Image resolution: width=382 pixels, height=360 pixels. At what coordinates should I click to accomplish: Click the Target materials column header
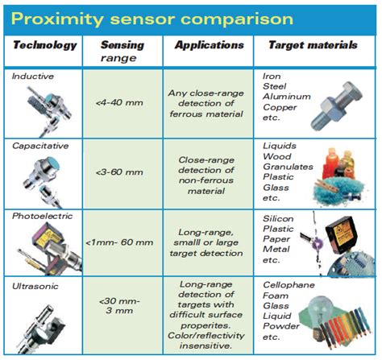click(x=314, y=46)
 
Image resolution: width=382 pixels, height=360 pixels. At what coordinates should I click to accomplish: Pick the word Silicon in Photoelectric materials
click(x=279, y=218)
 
